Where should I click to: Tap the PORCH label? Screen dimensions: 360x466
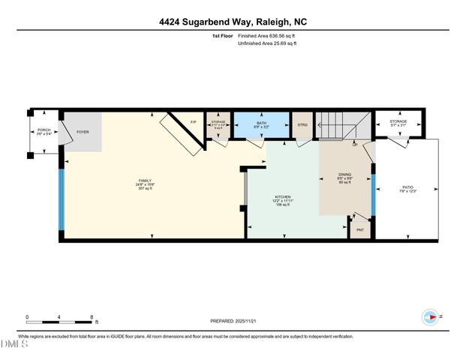pyautogui.click(x=44, y=130)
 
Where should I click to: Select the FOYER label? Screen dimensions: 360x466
pyautogui.click(x=83, y=132)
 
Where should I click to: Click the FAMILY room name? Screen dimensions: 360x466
pyautogui.click(x=145, y=181)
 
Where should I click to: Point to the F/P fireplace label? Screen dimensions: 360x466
pyautogui.click(x=193, y=121)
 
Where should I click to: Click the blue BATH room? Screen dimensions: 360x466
pyautogui.click(x=260, y=124)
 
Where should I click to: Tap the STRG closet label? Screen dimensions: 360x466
pyautogui.click(x=303, y=124)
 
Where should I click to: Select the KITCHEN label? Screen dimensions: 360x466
pyautogui.click(x=282, y=199)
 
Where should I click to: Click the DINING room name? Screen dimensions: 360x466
pyautogui.click(x=344, y=177)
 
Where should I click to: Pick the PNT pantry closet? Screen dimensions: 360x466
pyautogui.click(x=359, y=229)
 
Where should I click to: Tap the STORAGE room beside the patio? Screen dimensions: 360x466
pyautogui.click(x=398, y=123)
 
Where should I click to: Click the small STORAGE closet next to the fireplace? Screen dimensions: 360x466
pyautogui.click(x=218, y=124)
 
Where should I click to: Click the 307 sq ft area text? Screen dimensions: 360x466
pyautogui.click(x=145, y=188)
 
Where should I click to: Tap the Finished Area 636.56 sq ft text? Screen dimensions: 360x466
pyautogui.click(x=266, y=36)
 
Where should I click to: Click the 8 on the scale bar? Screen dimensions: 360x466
pyautogui.click(x=92, y=316)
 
